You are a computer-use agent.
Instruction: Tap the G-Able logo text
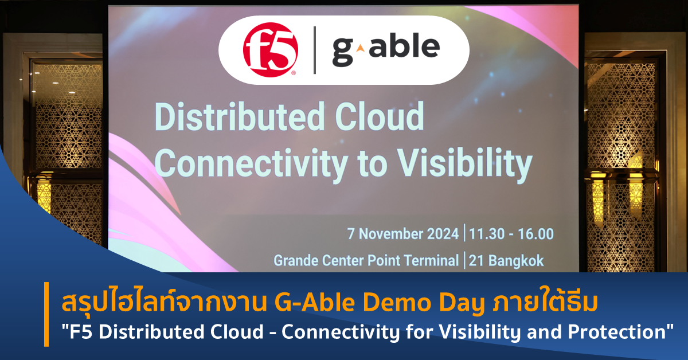pos(385,48)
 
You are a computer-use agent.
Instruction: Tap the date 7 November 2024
pos(402,234)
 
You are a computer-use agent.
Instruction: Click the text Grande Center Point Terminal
pos(366,261)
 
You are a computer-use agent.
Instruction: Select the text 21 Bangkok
pos(506,261)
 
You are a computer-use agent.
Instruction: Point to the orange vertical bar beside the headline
pos(46,315)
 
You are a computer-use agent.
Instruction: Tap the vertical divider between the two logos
pos(314,50)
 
